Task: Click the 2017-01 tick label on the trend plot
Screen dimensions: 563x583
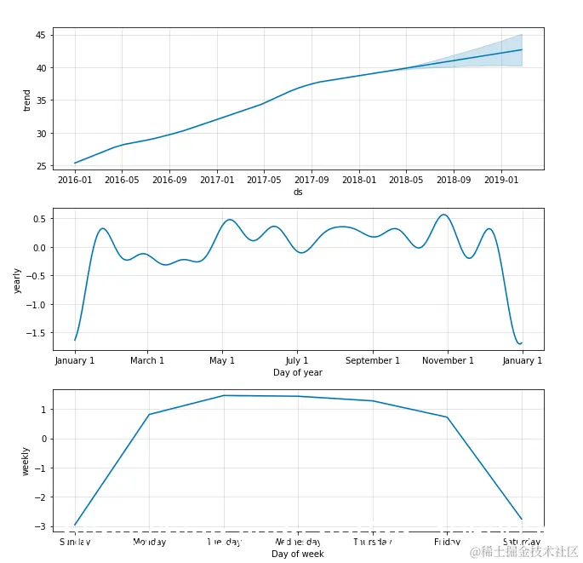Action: (x=217, y=181)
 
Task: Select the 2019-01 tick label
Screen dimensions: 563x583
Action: (x=501, y=181)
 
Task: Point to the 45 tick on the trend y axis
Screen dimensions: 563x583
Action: (x=41, y=35)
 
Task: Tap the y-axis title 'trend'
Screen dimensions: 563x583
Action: (x=27, y=100)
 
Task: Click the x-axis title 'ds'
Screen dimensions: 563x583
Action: (x=298, y=192)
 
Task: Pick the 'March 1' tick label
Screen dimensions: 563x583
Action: (x=147, y=361)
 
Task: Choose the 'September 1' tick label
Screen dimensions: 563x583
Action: (x=373, y=361)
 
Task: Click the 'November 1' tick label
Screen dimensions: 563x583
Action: (x=448, y=361)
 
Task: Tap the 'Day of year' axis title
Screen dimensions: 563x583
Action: (x=298, y=373)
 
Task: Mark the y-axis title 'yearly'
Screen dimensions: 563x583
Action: (x=17, y=280)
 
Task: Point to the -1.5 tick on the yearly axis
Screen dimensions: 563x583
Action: (x=36, y=333)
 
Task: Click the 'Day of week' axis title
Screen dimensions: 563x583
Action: (x=298, y=554)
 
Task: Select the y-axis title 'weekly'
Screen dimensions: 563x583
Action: (x=26, y=461)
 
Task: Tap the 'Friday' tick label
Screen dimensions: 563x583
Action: (x=448, y=542)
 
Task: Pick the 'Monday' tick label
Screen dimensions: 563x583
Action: (x=150, y=542)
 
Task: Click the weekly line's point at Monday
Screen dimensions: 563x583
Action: (x=150, y=415)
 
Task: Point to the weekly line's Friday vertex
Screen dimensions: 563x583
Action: (x=448, y=417)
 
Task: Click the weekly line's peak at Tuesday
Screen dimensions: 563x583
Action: (x=224, y=395)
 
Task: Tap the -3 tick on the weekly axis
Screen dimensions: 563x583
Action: (x=41, y=526)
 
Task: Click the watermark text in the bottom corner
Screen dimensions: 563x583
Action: (x=523, y=551)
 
